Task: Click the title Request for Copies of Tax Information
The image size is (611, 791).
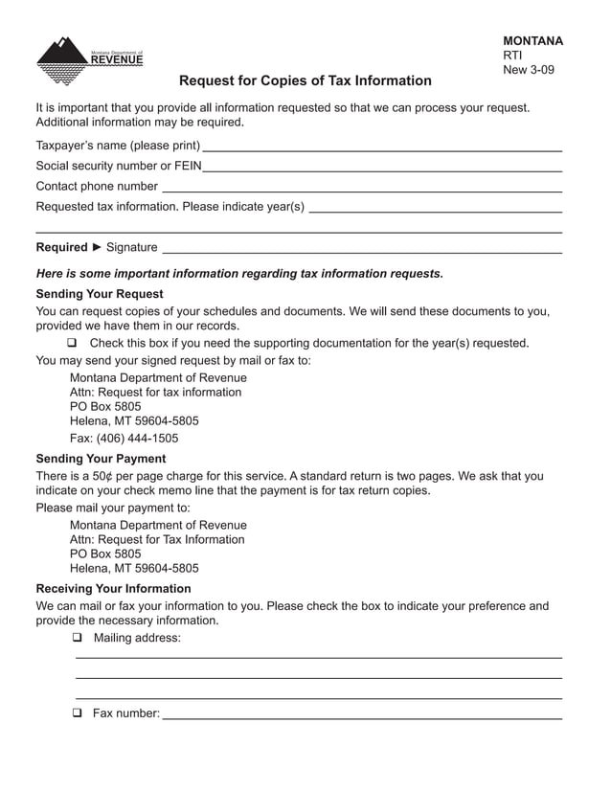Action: (x=305, y=81)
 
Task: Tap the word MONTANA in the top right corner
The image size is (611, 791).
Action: (x=532, y=41)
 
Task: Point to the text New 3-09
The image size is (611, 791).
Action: (x=528, y=70)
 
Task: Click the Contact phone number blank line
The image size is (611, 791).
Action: (x=361, y=189)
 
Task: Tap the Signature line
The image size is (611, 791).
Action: (x=361, y=250)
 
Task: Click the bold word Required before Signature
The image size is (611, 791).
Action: (x=61, y=247)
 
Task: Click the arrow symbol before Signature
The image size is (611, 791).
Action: (x=97, y=247)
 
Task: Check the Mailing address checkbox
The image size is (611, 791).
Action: (x=77, y=639)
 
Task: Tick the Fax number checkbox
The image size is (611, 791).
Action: (x=77, y=713)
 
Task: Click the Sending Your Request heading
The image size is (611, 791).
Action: (x=99, y=294)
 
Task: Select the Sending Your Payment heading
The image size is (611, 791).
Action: (x=101, y=459)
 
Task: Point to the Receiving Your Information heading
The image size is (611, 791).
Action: (x=113, y=589)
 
